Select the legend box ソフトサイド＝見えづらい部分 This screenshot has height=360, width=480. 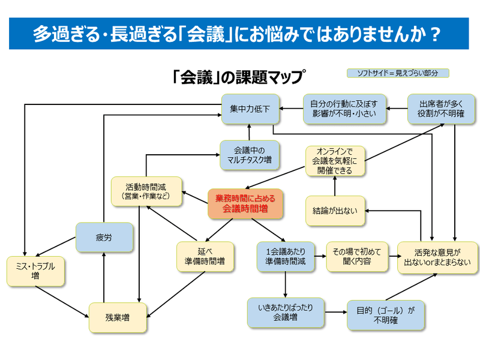click(x=398, y=73)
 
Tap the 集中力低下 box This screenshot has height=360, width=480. click(x=250, y=109)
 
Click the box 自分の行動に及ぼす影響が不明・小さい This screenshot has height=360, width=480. click(x=344, y=109)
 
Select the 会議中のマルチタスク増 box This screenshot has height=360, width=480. click(x=249, y=156)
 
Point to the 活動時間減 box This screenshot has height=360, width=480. click(x=146, y=191)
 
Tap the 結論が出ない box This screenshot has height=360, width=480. click(x=335, y=211)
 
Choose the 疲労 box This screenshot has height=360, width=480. click(x=104, y=238)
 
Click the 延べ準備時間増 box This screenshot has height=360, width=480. click(x=205, y=257)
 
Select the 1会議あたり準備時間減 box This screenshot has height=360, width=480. click(x=285, y=257)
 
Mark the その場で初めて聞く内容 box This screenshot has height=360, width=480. click(x=357, y=257)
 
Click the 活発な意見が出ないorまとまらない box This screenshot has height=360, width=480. click(x=438, y=257)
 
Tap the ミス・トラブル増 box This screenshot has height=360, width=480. click(x=35, y=271)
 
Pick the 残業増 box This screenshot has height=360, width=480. click(x=118, y=317)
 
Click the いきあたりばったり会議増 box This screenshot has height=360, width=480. click(x=285, y=313)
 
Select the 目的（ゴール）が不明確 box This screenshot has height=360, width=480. click(x=385, y=315)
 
